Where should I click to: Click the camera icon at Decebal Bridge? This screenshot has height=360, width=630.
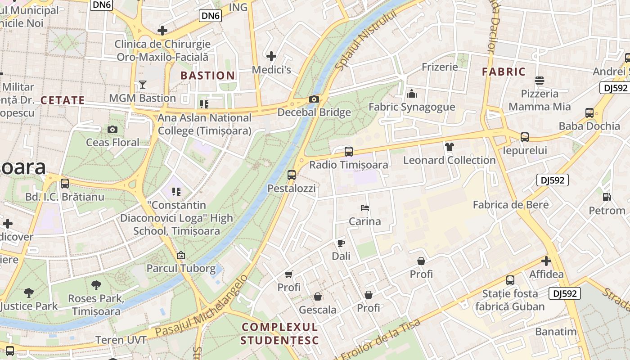click(x=314, y=99)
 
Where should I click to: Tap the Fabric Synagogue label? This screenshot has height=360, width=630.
click(x=412, y=107)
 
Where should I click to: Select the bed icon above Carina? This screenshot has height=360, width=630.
click(x=365, y=208)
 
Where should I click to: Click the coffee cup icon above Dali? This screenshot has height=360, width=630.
click(x=341, y=243)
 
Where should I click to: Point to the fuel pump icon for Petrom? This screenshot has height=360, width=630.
click(x=607, y=197)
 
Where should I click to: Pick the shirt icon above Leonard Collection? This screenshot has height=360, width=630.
click(x=449, y=147)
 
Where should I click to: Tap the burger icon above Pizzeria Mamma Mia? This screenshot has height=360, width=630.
click(x=540, y=81)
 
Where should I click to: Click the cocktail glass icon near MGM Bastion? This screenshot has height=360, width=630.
click(x=143, y=85)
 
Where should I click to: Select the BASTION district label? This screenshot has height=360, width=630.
click(x=207, y=76)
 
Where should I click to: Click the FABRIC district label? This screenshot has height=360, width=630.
click(x=504, y=72)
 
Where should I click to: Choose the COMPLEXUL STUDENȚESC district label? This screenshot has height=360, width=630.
click(x=279, y=333)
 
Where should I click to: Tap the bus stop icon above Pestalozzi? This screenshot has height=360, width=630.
click(x=292, y=175)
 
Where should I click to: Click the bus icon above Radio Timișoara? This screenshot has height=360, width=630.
click(x=348, y=152)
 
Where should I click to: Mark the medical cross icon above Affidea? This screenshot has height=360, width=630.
click(x=546, y=261)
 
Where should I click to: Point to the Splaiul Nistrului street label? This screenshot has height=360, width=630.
click(x=367, y=40)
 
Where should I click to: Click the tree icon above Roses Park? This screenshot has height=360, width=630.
click(x=96, y=285)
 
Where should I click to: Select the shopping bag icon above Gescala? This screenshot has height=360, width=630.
click(x=318, y=297)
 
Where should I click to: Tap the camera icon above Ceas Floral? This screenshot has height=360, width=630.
click(x=112, y=130)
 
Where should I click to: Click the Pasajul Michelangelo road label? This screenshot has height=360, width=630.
click(x=201, y=306)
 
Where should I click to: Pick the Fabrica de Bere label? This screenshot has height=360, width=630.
click(x=511, y=205)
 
